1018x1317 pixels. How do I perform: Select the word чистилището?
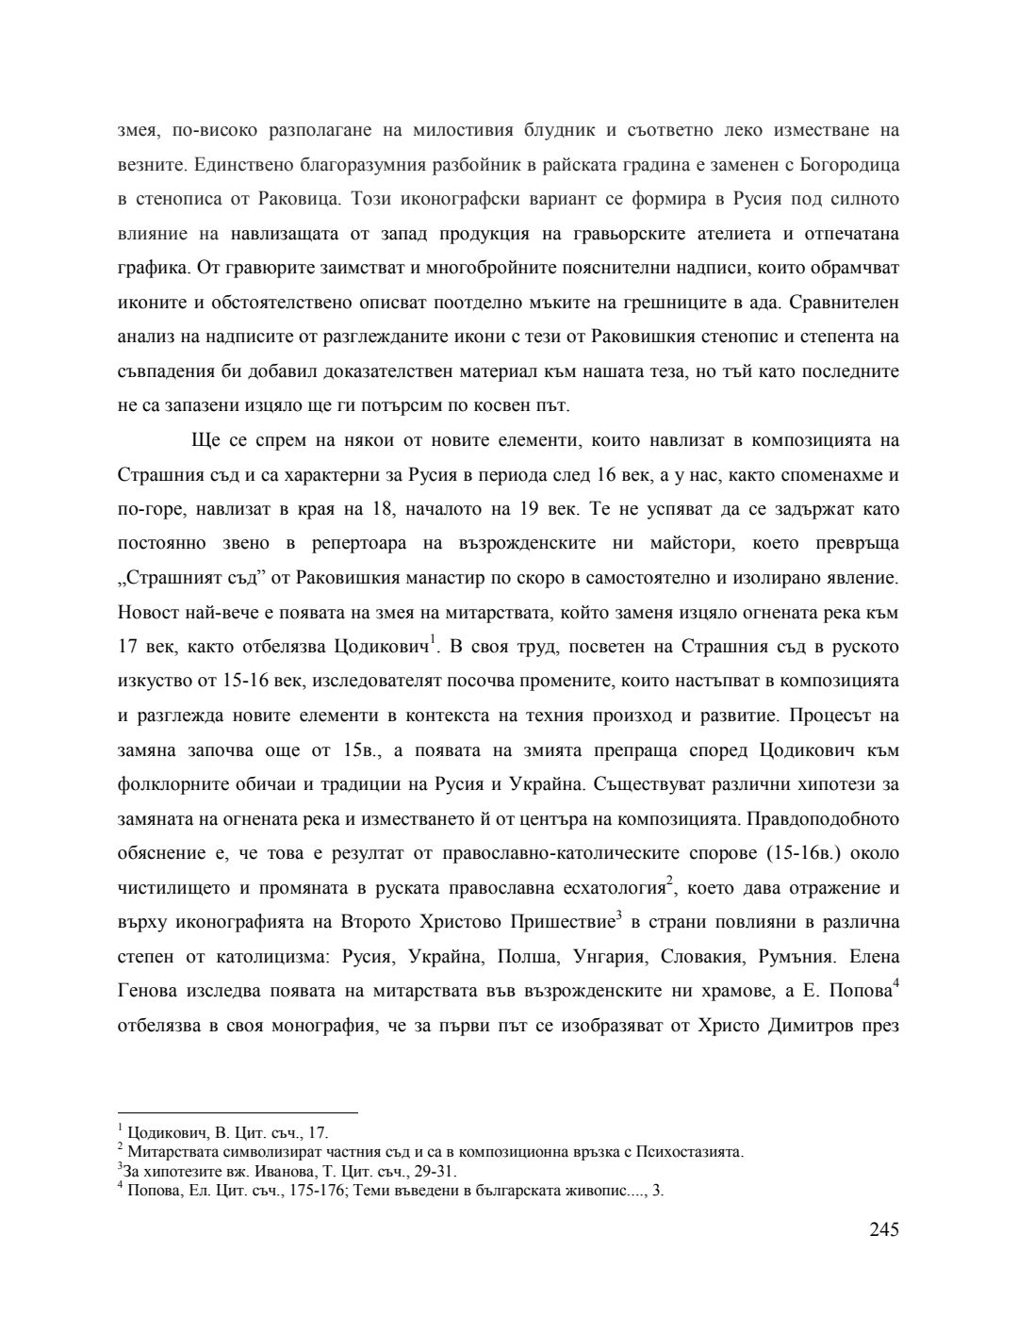[171, 888]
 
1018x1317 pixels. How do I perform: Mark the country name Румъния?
[796, 957]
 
